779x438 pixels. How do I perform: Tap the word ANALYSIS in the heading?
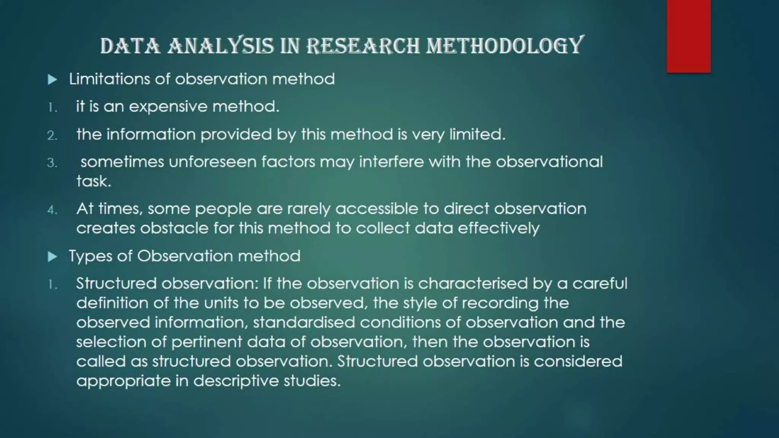pyautogui.click(x=221, y=46)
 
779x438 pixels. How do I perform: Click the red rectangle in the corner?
pyautogui.click(x=688, y=36)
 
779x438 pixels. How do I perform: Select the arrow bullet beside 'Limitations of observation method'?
pyautogui.click(x=52, y=79)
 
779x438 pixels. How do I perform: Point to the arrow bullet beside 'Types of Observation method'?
pyautogui.click(x=52, y=257)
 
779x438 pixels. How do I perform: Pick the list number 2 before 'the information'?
pyautogui.click(x=52, y=135)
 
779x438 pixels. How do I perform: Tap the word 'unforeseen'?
pyautogui.click(x=213, y=162)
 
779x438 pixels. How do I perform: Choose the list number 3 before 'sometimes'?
pyautogui.click(x=52, y=163)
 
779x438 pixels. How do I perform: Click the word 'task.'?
pyautogui.click(x=94, y=181)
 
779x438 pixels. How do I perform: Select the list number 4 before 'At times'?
pyautogui.click(x=52, y=210)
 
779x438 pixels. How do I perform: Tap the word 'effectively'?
pyautogui.click(x=498, y=229)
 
